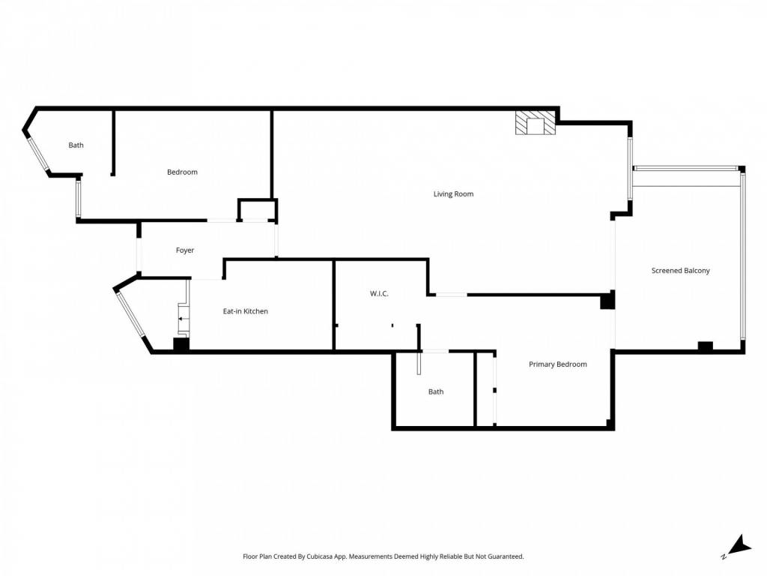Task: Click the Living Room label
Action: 453,194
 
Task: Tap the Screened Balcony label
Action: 680,270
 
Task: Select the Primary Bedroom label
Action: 557,364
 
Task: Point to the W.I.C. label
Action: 379,293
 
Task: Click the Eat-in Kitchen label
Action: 245,311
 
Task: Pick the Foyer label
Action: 185,250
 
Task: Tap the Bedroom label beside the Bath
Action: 182,172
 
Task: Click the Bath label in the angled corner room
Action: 76,145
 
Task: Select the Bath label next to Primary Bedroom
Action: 436,391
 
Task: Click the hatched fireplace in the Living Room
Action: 536,123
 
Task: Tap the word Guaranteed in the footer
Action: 506,556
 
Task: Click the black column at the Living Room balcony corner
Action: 607,300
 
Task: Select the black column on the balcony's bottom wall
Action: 705,346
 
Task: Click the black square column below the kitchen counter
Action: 181,344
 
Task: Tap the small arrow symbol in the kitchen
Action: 181,319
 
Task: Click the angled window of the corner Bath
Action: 37,154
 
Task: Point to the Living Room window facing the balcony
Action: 630,169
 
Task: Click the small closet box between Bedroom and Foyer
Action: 258,210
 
